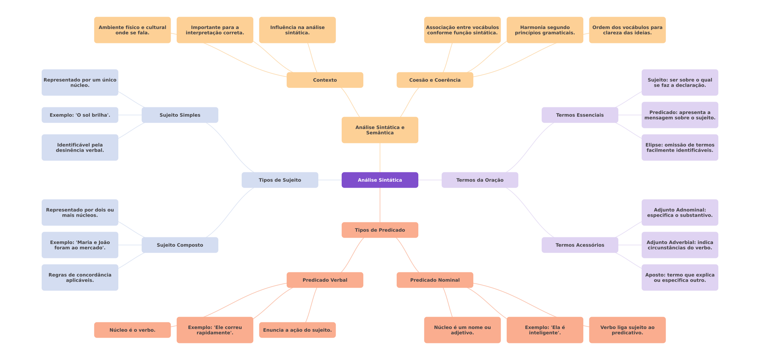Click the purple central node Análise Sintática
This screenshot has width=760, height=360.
click(x=380, y=180)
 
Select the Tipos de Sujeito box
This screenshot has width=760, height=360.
click(x=280, y=180)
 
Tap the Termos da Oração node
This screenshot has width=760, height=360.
click(x=480, y=180)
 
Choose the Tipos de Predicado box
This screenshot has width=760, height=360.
click(x=380, y=230)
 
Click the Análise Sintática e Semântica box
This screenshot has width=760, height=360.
click(x=380, y=130)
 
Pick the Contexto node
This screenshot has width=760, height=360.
click(x=325, y=80)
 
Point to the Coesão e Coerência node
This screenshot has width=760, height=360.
click(x=435, y=80)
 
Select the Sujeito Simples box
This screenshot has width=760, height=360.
click(x=180, y=115)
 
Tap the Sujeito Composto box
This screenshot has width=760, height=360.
click(x=180, y=245)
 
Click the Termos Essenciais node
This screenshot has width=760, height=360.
click(x=580, y=115)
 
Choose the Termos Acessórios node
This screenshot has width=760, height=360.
click(x=580, y=245)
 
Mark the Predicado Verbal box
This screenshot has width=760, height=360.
click(x=325, y=280)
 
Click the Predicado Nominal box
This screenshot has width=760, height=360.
click(x=435, y=280)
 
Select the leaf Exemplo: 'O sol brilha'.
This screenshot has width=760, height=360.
click(x=80, y=115)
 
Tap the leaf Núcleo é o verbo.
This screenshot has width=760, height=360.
click(x=132, y=330)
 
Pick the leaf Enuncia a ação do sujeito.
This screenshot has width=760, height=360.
click(x=297, y=330)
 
